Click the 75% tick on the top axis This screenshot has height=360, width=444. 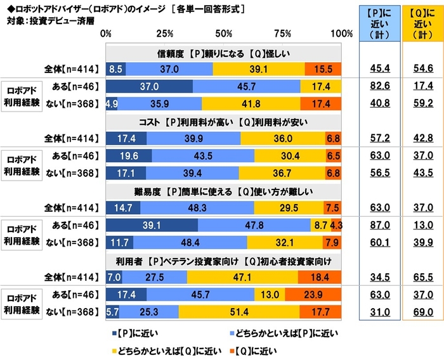pyautogui.click(x=284, y=33)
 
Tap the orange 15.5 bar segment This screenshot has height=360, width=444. pyautogui.click(x=323, y=68)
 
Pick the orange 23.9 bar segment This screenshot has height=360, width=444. pyautogui.click(x=313, y=295)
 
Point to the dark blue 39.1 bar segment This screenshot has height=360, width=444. pyautogui.click(x=152, y=225)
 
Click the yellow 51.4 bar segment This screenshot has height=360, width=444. pyautogui.click(x=239, y=312)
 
